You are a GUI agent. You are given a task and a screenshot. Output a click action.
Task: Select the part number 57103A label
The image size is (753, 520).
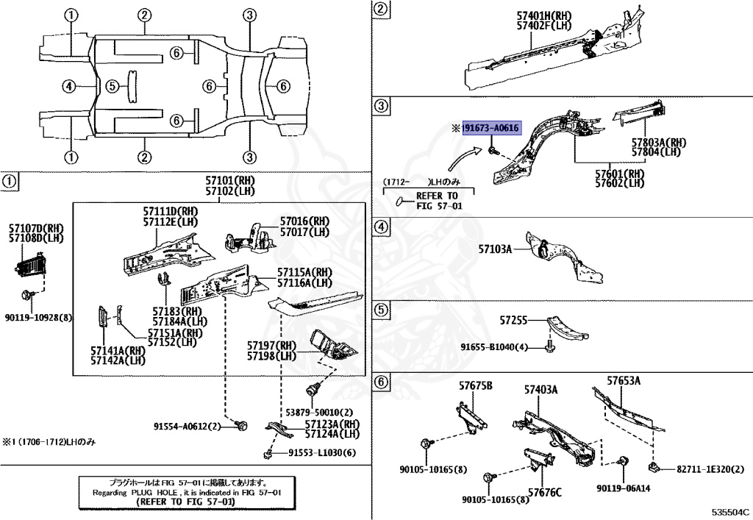pos(495,250)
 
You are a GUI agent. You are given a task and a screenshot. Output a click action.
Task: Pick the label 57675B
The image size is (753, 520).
pos(476,386)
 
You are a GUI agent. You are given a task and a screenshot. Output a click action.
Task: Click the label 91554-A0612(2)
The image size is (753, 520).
pos(188,427)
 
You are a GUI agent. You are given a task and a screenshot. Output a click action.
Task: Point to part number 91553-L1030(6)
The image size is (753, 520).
pos(321,453)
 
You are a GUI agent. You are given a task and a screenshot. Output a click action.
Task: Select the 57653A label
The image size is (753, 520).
pos(624,380)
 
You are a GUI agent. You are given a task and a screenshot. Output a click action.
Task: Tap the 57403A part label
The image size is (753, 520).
pos(540,389)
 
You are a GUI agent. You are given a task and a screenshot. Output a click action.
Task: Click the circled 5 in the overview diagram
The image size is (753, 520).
pos(112,87)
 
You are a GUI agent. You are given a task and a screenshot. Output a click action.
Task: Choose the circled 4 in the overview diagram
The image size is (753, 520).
pos(68,87)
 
